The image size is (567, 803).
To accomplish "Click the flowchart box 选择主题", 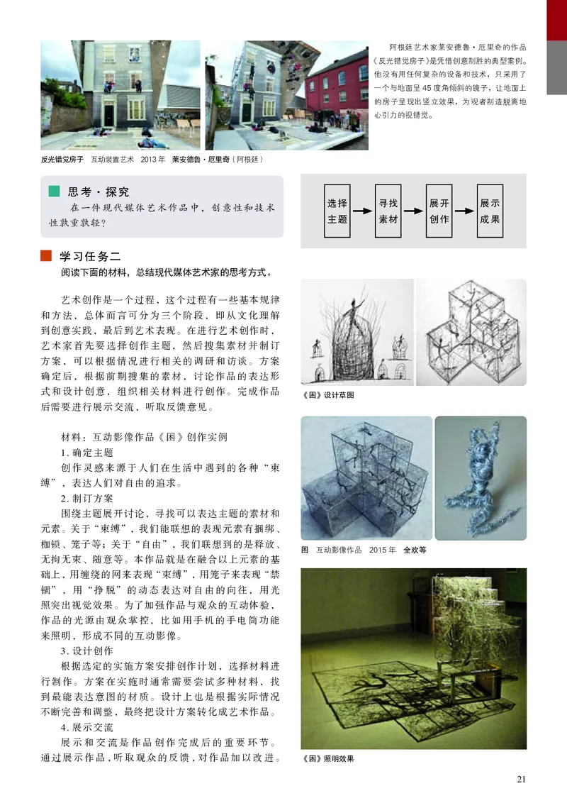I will point(337,211).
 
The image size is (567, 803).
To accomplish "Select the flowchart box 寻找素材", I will point(388,211).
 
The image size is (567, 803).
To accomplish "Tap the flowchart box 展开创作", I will point(439,211).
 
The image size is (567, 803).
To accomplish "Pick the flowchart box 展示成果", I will point(490,211).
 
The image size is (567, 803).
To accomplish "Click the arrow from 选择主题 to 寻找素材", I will point(363,211).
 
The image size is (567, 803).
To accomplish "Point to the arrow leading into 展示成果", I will point(464,211).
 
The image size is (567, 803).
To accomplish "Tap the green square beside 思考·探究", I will point(54,192).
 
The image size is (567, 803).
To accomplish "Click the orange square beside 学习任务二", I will point(46,255).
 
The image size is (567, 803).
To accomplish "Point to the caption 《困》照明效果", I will point(327,758).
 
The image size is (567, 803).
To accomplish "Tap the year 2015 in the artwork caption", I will point(380,550).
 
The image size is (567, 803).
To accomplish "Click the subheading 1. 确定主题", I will point(87,452).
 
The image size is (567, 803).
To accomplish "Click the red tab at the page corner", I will point(556,18).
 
